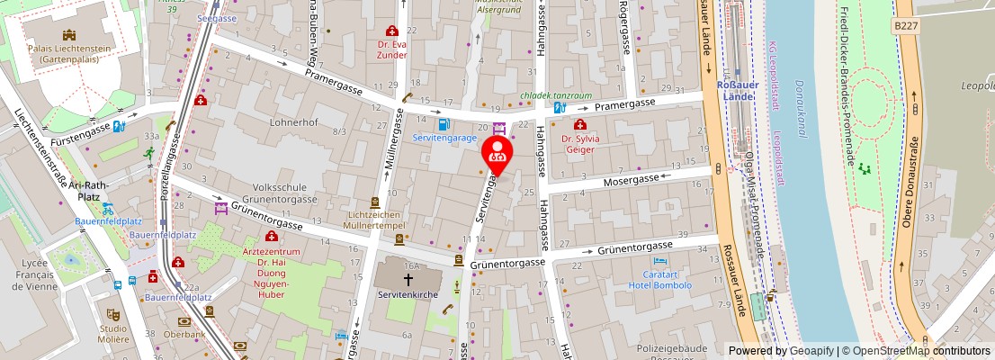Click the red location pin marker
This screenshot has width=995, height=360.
click(497, 154)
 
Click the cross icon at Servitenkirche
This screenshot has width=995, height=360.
click(408, 279)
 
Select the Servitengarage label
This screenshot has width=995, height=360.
click(444, 138)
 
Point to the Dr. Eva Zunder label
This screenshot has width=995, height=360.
click(391, 48)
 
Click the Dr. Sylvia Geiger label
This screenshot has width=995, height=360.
click(579, 145)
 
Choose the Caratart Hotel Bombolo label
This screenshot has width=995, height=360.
click(660, 279)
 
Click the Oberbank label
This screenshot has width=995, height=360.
click(184, 334)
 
